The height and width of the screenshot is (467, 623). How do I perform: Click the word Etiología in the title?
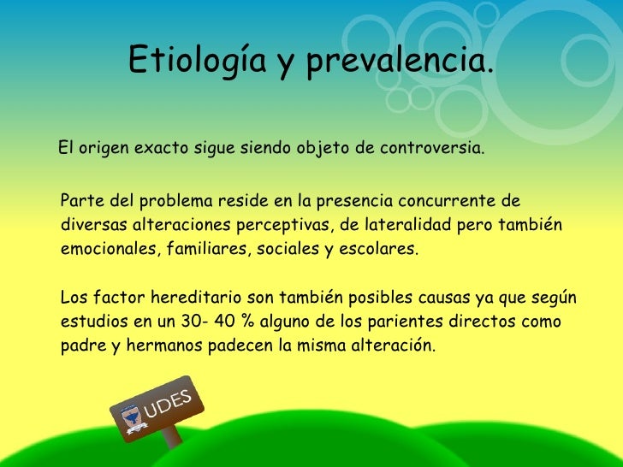pyautogui.click(x=198, y=60)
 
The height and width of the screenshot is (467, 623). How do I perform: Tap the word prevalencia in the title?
pyautogui.click(x=400, y=62)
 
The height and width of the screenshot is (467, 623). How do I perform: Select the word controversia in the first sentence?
pyautogui.click(x=432, y=148)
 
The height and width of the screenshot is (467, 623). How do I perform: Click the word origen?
pyautogui.click(x=104, y=150)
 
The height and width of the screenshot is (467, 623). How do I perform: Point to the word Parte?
pyautogui.click(x=83, y=200)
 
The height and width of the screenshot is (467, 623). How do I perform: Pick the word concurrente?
pyautogui.click(x=447, y=201)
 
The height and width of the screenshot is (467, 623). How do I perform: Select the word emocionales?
pyautogui.click(x=110, y=249)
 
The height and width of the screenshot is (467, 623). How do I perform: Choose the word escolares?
pyautogui.click(x=378, y=249)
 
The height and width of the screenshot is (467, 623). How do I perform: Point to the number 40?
pyautogui.click(x=225, y=322)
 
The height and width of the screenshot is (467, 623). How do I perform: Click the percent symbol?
pyautogui.click(x=247, y=322)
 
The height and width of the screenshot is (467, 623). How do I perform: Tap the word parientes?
pyautogui.click(x=405, y=322)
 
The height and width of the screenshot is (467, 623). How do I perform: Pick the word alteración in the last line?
pyautogui.click(x=393, y=345)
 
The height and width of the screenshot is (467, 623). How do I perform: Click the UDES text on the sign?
pyautogui.click(x=168, y=404)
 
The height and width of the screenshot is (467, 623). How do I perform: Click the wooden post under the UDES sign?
pyautogui.click(x=172, y=437)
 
